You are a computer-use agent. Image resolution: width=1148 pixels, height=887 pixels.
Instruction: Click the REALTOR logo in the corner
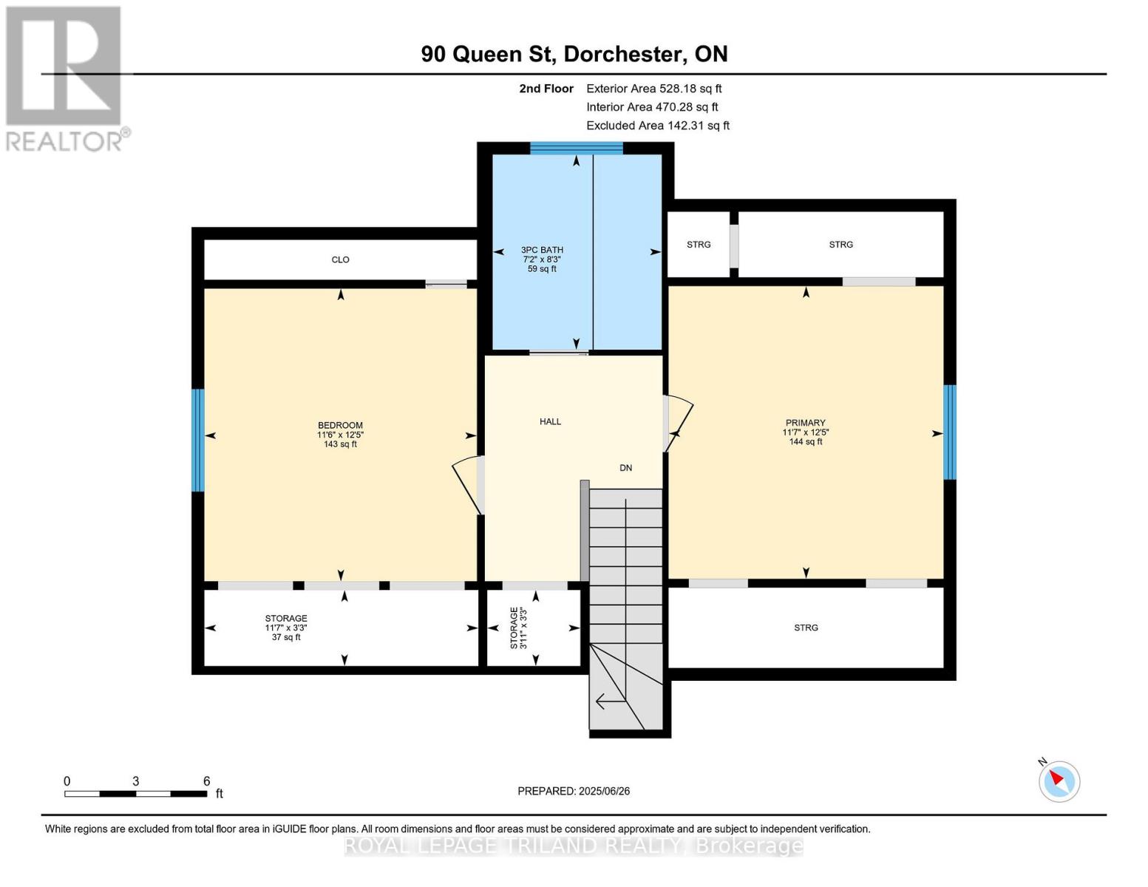click(66, 79)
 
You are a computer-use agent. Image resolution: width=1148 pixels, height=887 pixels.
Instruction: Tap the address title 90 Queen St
click(488, 54)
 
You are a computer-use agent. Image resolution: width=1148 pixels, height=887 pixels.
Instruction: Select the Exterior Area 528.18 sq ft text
click(654, 89)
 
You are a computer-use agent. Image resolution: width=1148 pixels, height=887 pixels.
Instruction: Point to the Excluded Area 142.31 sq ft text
click(658, 126)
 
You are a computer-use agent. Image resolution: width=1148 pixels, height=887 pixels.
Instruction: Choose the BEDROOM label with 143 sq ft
click(340, 435)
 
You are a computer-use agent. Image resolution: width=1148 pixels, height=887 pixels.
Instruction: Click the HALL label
click(551, 421)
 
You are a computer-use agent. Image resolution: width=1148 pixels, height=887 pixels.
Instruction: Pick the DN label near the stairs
click(625, 468)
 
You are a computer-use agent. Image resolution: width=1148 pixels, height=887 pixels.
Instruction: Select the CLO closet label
click(340, 260)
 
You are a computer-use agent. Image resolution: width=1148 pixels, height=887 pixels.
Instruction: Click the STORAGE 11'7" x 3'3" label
click(286, 628)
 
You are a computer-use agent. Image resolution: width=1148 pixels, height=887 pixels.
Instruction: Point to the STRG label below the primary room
click(806, 628)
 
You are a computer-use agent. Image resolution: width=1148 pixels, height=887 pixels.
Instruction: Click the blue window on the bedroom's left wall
click(197, 440)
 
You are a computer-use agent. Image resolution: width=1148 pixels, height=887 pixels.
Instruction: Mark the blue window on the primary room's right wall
click(950, 432)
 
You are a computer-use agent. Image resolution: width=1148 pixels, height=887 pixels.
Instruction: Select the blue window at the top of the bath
click(577, 148)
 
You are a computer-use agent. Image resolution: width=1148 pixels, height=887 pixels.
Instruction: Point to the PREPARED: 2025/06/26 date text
click(574, 792)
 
